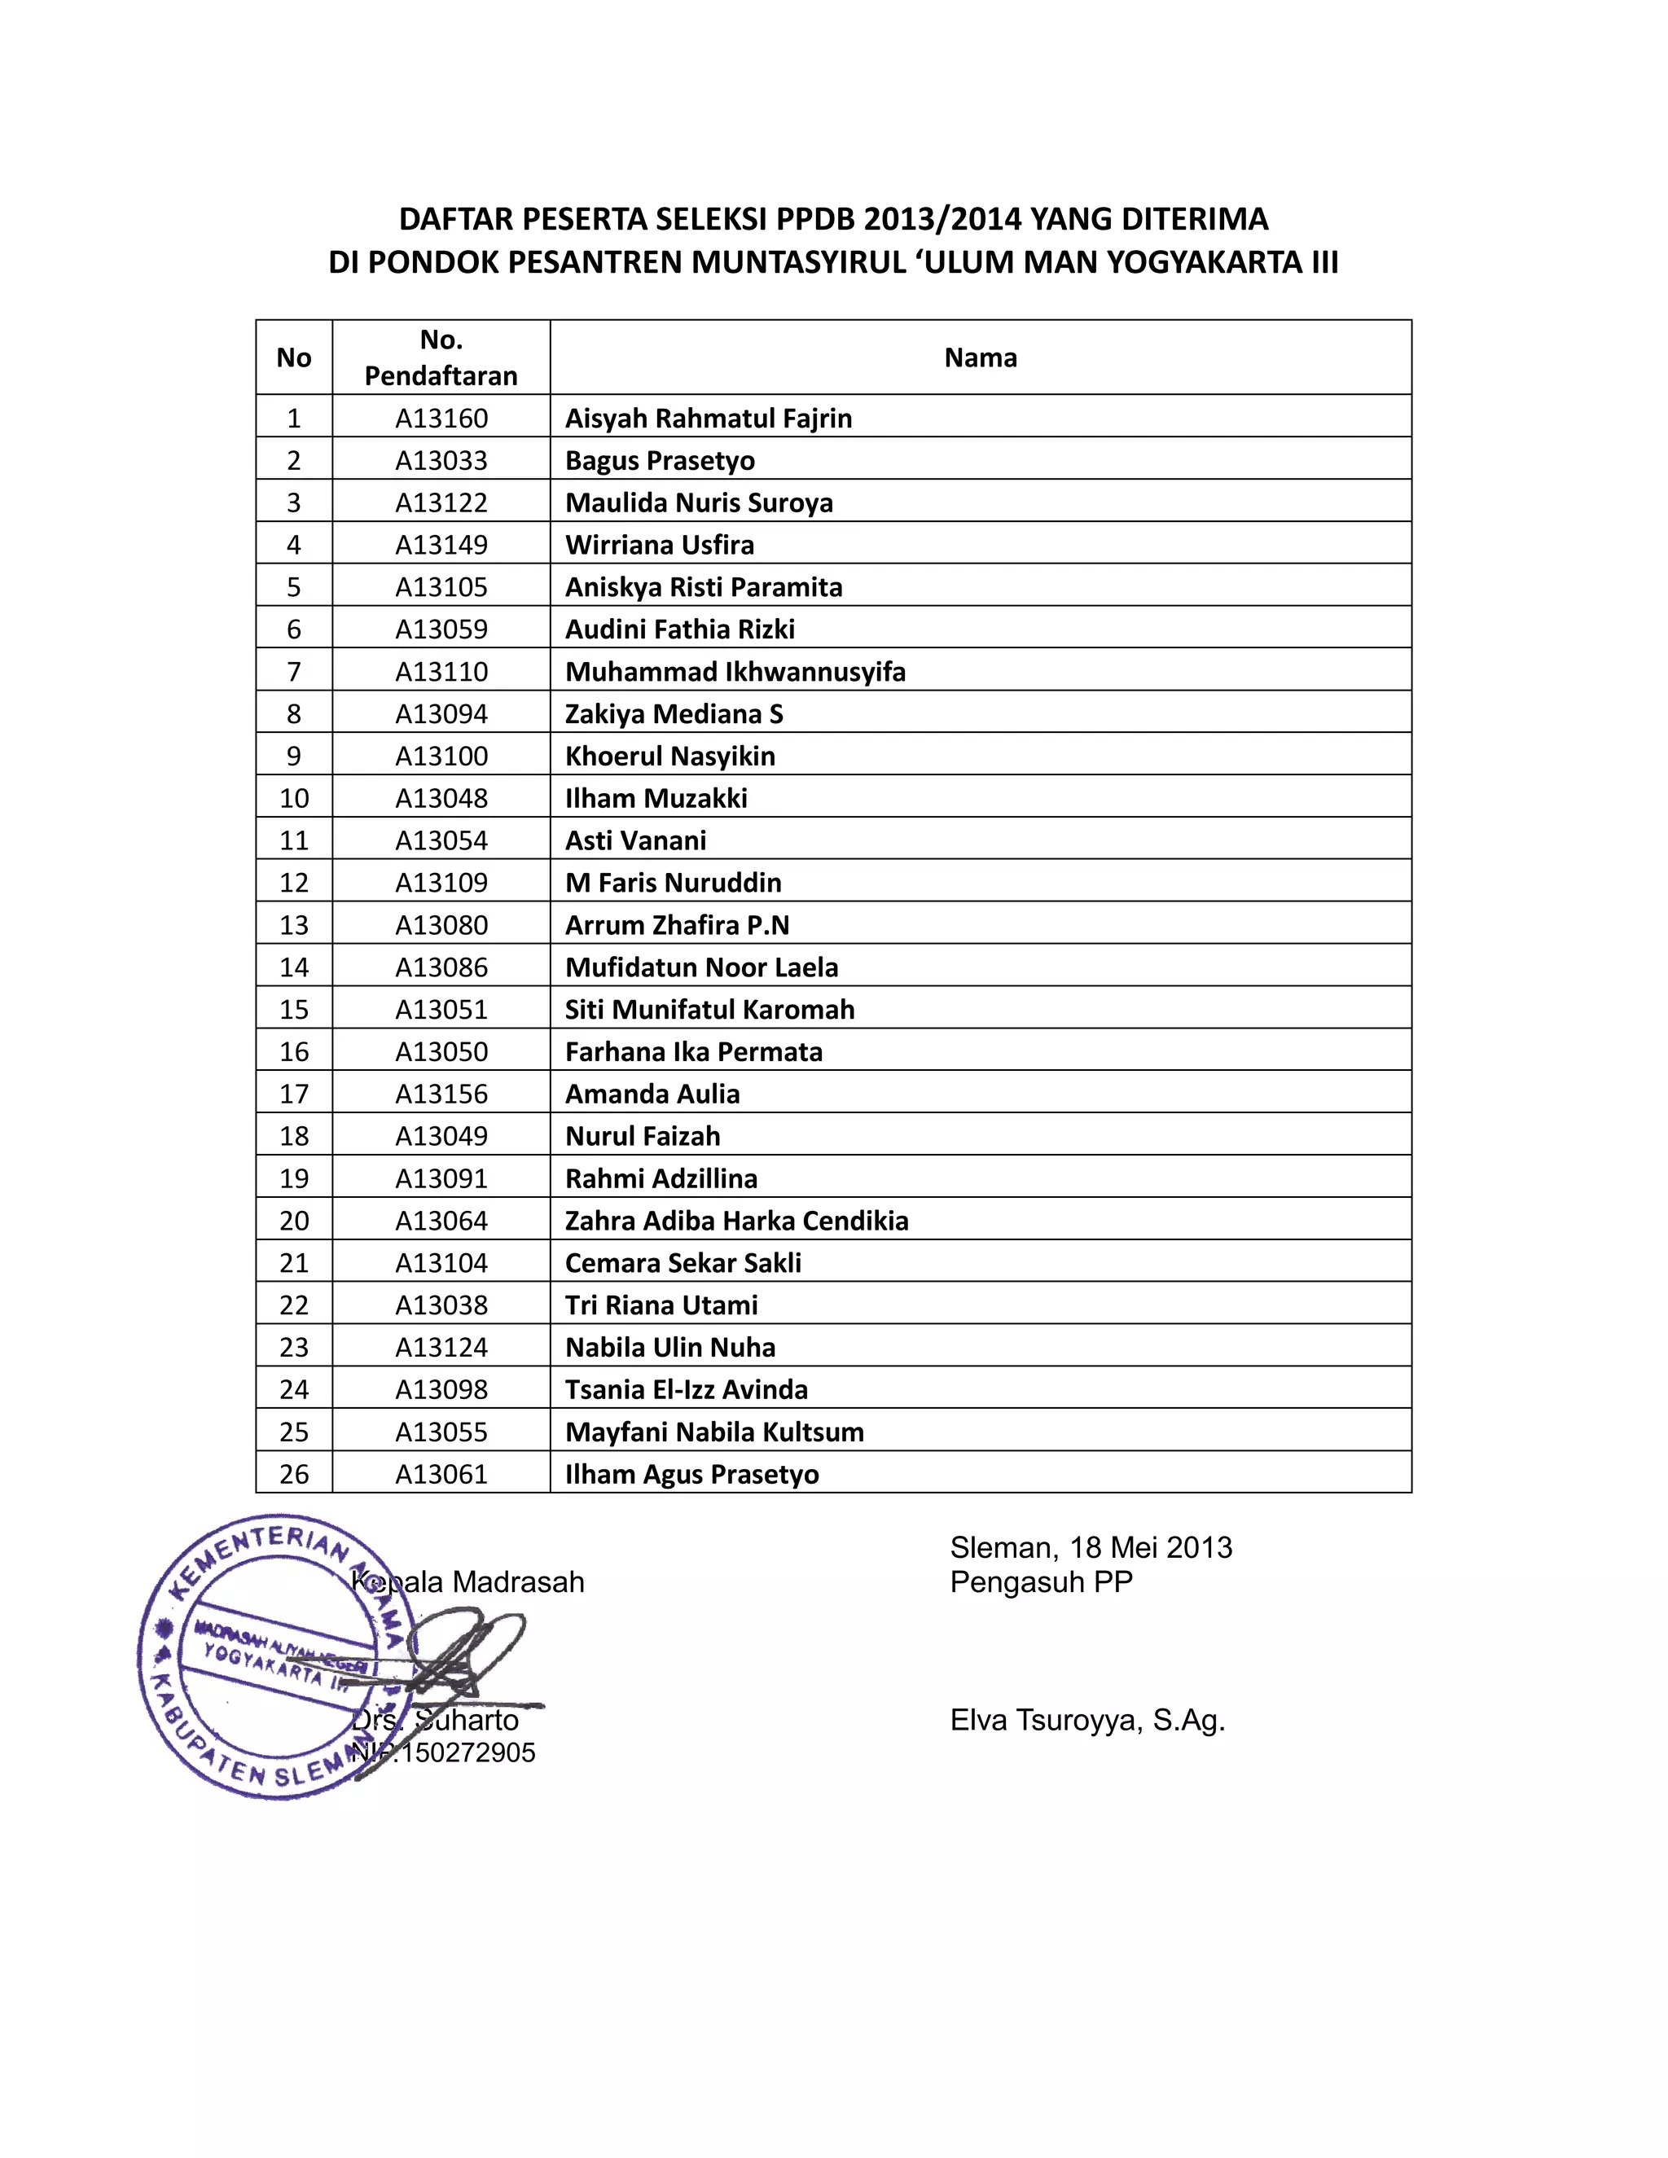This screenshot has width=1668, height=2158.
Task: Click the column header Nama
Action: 981,357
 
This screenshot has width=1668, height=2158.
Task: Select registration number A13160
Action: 441,418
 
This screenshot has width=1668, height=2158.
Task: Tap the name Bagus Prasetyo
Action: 660,460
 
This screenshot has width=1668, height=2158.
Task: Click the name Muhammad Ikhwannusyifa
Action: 735,672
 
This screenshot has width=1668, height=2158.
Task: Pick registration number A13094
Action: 441,713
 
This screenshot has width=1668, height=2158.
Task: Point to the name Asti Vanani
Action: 635,841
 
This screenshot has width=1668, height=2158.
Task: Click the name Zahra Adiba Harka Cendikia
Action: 736,1221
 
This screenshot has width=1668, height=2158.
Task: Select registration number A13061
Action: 441,1474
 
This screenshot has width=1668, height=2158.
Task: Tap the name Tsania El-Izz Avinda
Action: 686,1389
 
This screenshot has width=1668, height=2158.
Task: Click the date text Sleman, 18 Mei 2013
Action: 1091,1547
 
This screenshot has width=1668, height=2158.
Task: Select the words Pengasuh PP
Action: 1042,1582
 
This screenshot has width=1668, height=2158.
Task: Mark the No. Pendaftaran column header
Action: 441,357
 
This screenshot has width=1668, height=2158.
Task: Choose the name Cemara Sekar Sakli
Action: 683,1263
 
